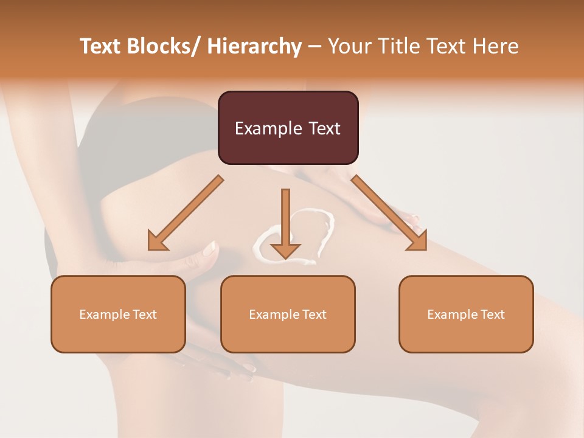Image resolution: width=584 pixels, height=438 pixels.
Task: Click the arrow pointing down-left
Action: click(x=185, y=214)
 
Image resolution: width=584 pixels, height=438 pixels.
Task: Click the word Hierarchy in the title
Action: click(x=254, y=46)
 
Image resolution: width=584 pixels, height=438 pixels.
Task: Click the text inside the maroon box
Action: click(x=288, y=128)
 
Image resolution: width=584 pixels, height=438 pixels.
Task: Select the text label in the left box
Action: click(x=118, y=315)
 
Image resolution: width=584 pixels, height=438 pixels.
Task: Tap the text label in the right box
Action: click(x=466, y=315)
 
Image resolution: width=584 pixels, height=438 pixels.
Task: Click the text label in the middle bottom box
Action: click(x=288, y=315)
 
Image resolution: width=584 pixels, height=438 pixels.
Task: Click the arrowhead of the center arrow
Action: click(x=285, y=249)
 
